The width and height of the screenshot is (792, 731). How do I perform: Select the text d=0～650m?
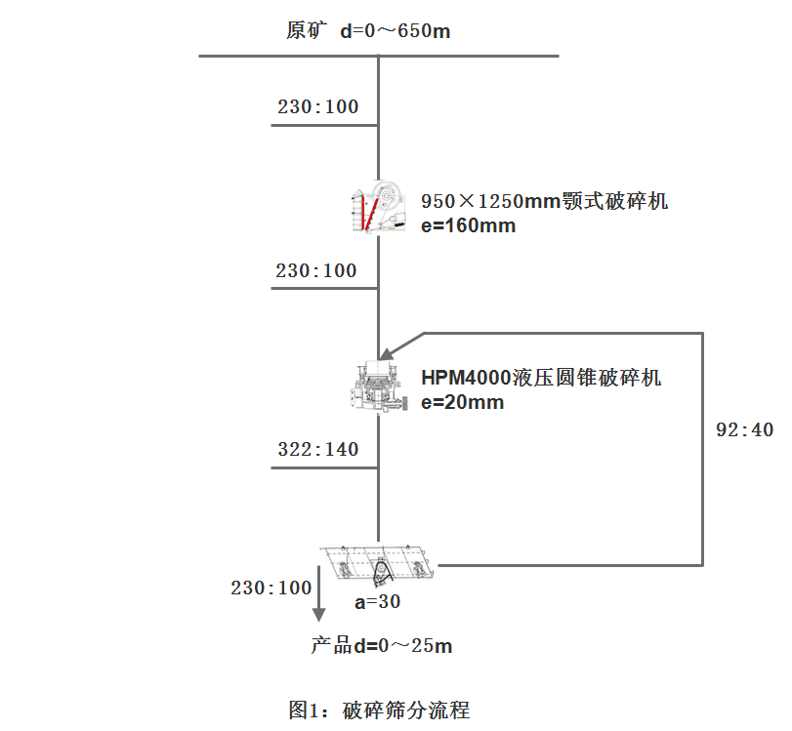click(x=396, y=31)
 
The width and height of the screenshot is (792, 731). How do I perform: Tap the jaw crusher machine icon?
click(x=378, y=207)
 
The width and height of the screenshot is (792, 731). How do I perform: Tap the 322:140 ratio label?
click(x=317, y=450)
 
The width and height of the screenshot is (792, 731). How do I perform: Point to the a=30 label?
click(x=377, y=602)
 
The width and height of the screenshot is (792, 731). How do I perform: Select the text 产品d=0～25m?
click(x=382, y=646)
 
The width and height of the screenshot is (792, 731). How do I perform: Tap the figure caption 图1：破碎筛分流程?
click(x=380, y=709)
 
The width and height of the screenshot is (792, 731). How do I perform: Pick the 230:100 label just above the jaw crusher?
click(x=318, y=107)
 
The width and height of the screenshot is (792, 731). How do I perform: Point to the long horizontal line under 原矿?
click(x=379, y=56)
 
